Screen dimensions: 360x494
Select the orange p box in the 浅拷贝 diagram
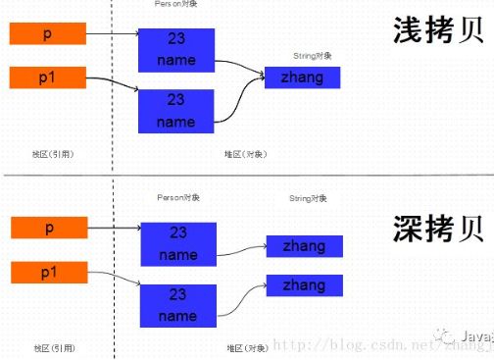point(47,35)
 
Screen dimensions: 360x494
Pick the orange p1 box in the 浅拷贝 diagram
point(47,77)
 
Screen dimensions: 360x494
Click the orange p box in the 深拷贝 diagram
point(47,229)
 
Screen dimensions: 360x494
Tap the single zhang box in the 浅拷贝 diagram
point(302,77)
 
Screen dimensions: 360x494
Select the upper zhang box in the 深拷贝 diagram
point(304,246)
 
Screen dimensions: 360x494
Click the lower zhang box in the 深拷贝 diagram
point(304,285)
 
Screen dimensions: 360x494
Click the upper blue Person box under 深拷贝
point(177,244)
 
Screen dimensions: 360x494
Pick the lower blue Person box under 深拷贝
point(177,306)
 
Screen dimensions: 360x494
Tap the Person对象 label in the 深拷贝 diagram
point(177,197)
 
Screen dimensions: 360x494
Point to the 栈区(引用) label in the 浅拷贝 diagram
point(54,153)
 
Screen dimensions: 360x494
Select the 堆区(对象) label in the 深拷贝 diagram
point(248,348)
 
